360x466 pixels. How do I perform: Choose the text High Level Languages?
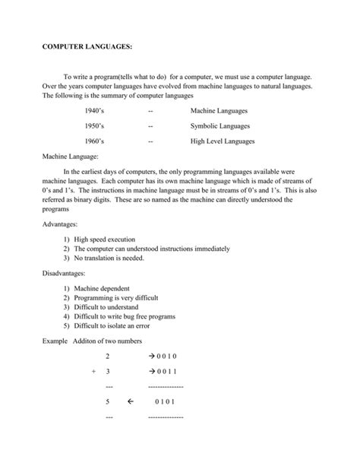(223, 141)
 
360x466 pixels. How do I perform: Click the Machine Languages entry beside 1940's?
(219, 111)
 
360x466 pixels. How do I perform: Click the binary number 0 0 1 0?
(164, 357)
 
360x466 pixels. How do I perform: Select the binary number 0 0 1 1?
(164, 372)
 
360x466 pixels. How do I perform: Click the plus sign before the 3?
(93, 372)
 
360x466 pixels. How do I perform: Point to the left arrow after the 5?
(131, 402)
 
